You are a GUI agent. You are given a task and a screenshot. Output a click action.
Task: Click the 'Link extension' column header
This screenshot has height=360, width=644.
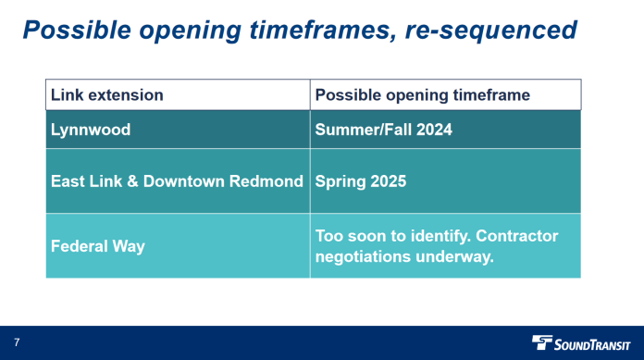pos(107,95)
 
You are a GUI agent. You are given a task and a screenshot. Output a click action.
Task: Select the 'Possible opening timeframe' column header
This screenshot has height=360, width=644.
pos(422,95)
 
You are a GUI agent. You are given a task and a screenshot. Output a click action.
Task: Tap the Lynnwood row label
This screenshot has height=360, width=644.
pos(91,130)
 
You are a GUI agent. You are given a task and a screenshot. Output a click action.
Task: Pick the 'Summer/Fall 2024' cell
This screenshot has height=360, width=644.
pos(383,130)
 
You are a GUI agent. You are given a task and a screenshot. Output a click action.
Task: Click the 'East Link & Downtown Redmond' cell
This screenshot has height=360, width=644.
pos(177,180)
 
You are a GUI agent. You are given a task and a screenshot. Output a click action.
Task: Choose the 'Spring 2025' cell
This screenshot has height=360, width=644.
pos(360,180)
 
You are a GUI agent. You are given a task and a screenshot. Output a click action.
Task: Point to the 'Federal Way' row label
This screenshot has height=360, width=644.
pos(97,247)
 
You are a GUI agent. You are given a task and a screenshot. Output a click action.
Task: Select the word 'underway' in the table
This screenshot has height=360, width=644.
pos(457,256)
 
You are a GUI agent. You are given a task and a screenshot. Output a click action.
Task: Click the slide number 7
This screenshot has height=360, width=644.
pos(17,342)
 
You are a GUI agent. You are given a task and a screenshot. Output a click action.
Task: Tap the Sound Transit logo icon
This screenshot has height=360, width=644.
pos(542,342)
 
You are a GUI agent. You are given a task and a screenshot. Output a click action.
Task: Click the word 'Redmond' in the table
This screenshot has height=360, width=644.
pos(270,180)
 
